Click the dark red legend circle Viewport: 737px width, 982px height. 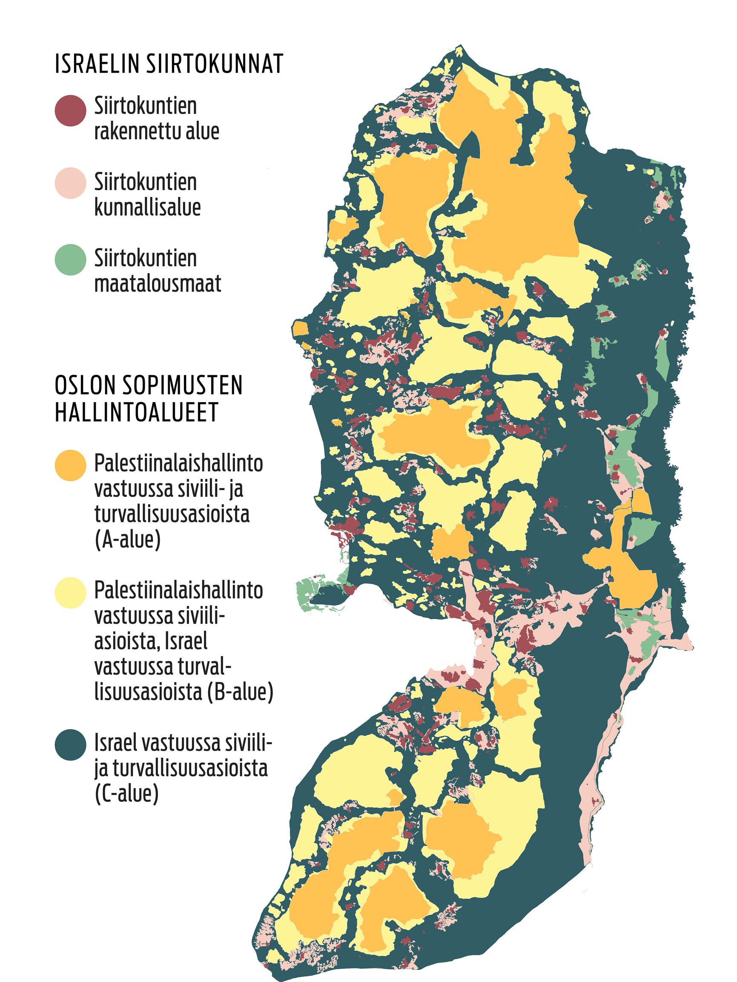[x=70, y=111]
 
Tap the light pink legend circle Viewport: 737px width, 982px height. [x=70, y=183]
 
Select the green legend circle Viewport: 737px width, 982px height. [x=70, y=259]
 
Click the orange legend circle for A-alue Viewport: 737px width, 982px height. [x=70, y=465]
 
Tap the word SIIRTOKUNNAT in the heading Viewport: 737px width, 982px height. [x=214, y=64]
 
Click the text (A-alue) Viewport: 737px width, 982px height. [x=127, y=541]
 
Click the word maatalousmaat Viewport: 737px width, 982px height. [x=158, y=284]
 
